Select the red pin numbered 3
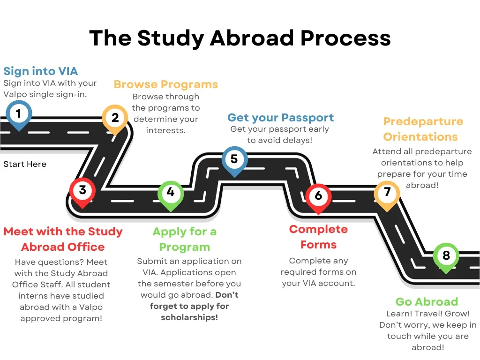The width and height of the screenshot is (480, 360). click(x=82, y=190)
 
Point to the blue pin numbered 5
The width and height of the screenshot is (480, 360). click(x=234, y=159)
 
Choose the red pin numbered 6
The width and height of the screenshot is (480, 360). click(x=318, y=195)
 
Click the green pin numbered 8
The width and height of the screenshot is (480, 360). click(x=446, y=256)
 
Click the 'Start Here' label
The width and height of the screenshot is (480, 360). click(x=25, y=165)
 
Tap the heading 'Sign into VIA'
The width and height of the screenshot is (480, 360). click(x=41, y=71)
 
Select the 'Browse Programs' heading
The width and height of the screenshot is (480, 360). click(x=166, y=84)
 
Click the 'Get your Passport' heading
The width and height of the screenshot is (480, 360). click(x=281, y=118)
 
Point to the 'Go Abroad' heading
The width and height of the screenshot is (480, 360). click(x=427, y=301)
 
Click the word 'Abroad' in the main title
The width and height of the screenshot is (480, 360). click(x=252, y=38)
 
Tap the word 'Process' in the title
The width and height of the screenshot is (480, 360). click(x=346, y=38)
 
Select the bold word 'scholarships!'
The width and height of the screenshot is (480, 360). click(x=189, y=317)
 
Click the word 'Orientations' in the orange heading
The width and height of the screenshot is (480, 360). click(x=420, y=137)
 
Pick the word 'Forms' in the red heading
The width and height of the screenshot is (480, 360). click(x=318, y=245)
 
